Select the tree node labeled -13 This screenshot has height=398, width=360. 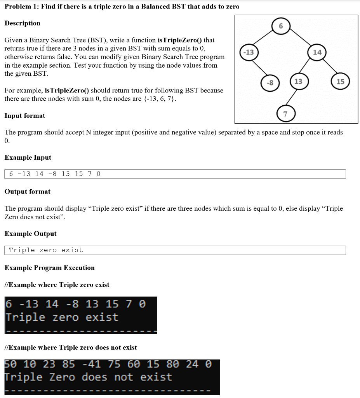point(247,52)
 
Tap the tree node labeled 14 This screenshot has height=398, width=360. point(317,52)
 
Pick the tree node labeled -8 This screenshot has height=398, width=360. point(270,82)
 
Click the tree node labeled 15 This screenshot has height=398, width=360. point(340,81)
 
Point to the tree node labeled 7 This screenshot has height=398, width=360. point(285,114)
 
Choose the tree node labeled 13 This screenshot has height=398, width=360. point(298,81)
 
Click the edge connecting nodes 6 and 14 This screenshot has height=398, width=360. point(300,39)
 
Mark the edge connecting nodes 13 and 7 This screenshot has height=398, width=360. point(292,98)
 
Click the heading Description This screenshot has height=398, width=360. point(22,23)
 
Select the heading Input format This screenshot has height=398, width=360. point(24,116)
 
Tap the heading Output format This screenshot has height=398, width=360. point(27,192)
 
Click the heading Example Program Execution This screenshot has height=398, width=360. point(49,268)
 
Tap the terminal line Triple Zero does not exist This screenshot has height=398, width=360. point(88,377)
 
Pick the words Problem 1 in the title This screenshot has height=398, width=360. point(20,7)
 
